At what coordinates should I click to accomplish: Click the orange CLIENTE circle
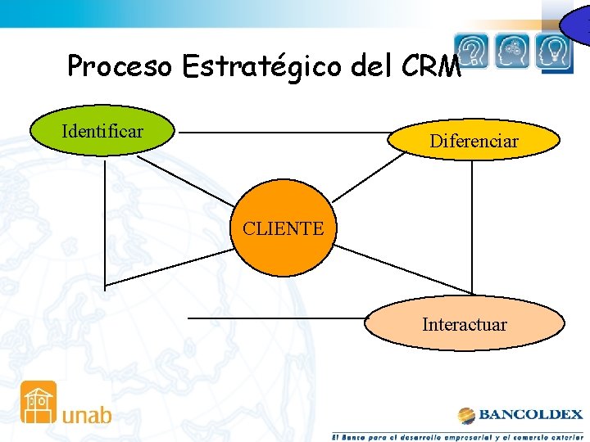coord(284,228)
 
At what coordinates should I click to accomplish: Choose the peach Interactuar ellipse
coord(465,324)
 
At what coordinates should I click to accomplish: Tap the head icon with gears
coord(513,51)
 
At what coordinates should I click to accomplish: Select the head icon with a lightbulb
coord(555,51)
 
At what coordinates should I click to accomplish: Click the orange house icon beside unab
coord(39,402)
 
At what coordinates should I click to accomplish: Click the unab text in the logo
coord(87,414)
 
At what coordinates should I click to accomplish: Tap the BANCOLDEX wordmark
coord(531,414)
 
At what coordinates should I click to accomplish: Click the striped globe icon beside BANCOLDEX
coord(467,415)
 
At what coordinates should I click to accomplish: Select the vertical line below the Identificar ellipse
coord(105,221)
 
